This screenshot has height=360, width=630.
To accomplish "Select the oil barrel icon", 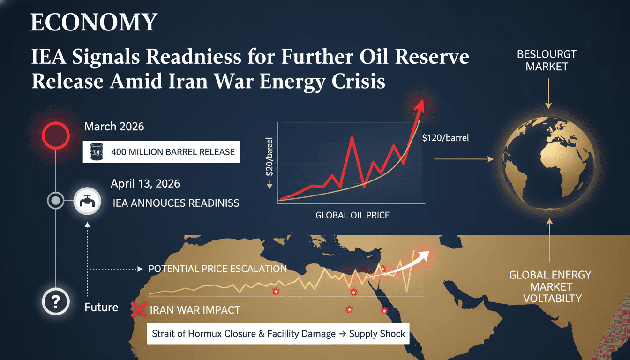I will (96, 152).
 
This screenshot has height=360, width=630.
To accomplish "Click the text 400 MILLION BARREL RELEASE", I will (173, 152).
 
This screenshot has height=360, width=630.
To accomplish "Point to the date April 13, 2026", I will (145, 183).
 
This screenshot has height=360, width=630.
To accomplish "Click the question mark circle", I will (56, 301).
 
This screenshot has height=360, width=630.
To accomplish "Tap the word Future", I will (101, 307).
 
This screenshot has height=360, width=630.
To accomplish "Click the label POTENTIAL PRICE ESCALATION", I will (217, 269).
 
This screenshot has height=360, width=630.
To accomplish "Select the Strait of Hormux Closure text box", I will (278, 334).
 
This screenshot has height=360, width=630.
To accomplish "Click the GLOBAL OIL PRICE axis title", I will (352, 216).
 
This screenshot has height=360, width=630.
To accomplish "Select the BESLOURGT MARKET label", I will (547, 60).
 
